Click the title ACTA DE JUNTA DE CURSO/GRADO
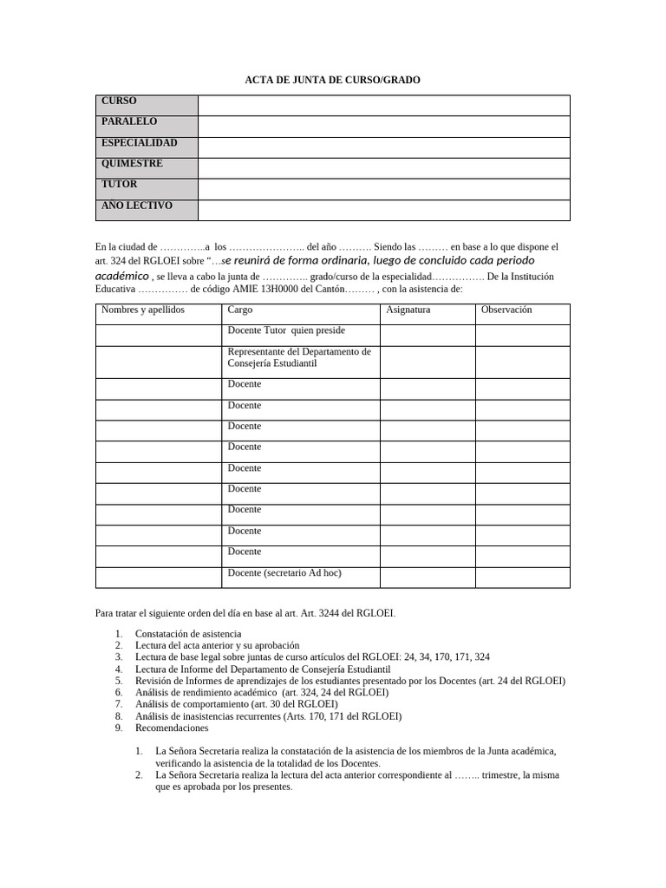point(332,80)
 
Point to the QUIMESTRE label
point(132,164)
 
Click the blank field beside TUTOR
point(383,188)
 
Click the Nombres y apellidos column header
point(143,310)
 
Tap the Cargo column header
point(240,310)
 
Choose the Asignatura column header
point(408,310)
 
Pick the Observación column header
point(506,310)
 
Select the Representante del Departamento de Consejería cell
point(299,358)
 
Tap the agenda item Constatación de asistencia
point(188,634)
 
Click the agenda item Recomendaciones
point(173,728)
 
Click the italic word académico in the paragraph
point(121,275)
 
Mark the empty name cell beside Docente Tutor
point(158,335)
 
